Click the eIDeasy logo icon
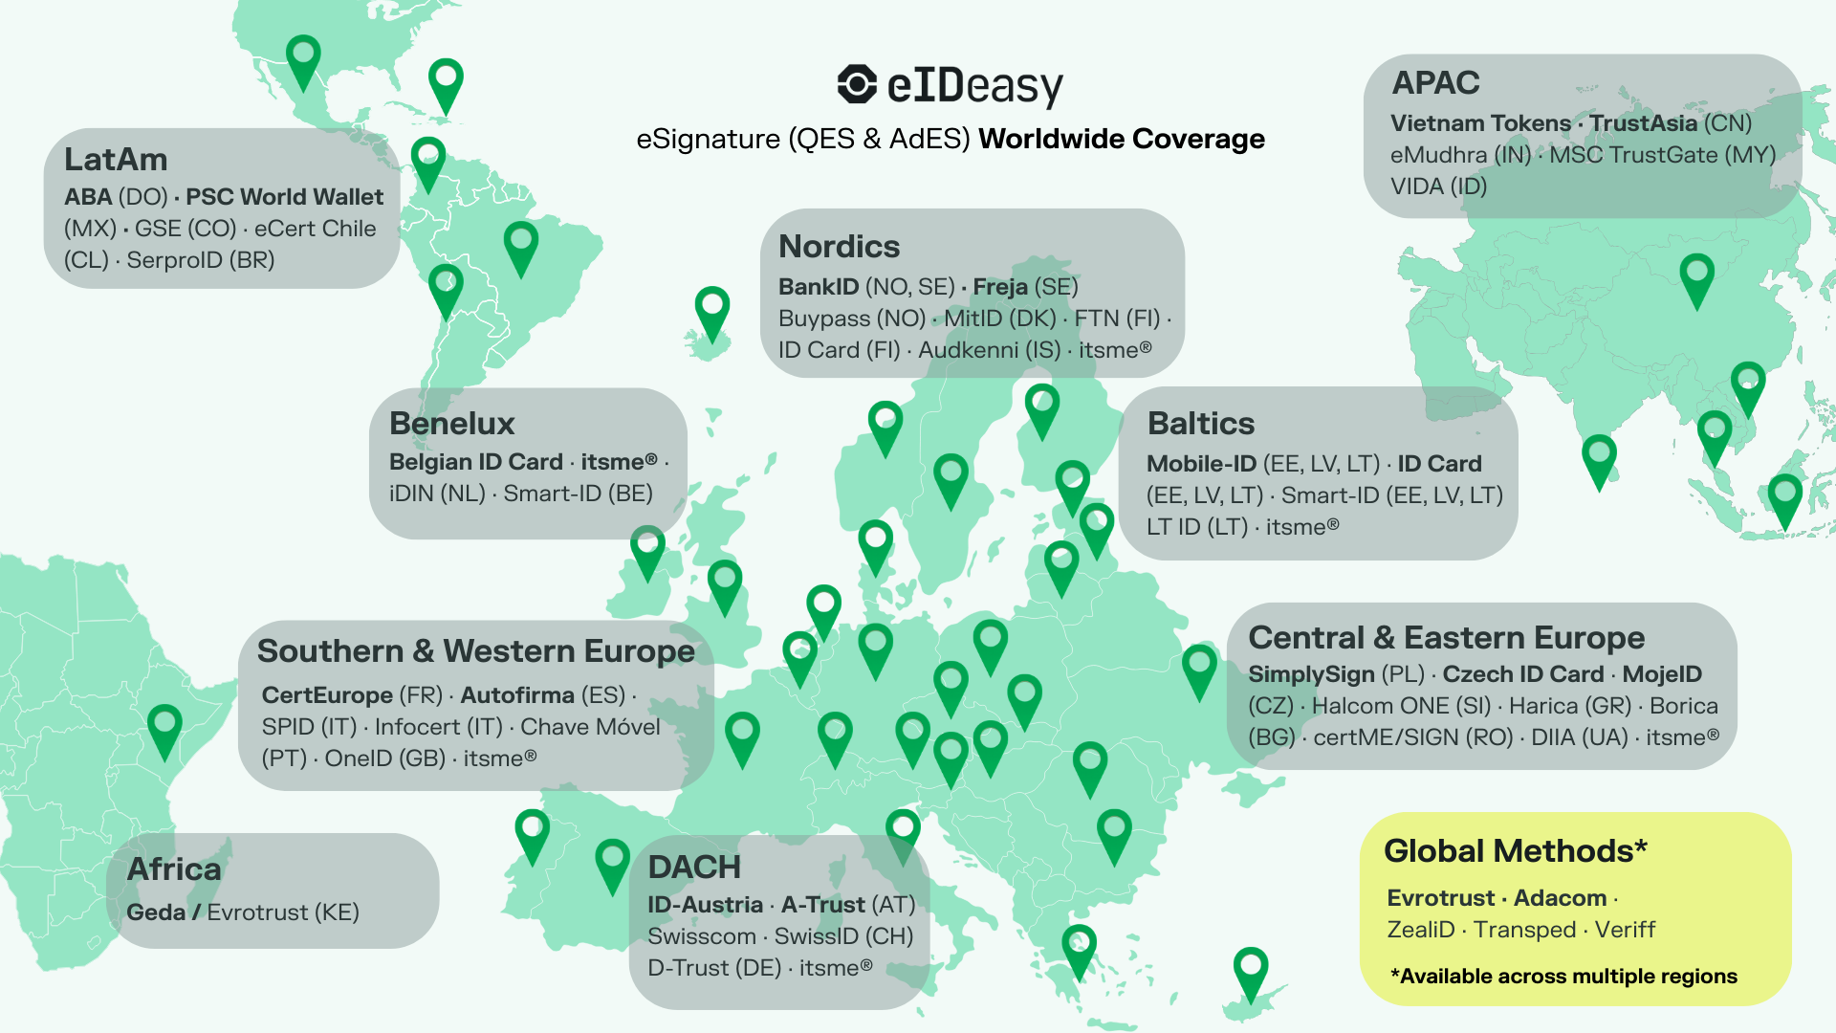[857, 84]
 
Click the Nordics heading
[839, 247]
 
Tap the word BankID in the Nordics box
[819, 287]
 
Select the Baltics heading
[1200, 424]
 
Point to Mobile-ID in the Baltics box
[1201, 464]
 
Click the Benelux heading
[451, 424]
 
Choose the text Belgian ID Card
[475, 462]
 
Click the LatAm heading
[116, 160]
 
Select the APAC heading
[1435, 83]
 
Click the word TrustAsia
[1643, 123]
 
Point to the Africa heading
[174, 869]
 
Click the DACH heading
[694, 868]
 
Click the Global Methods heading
[1515, 851]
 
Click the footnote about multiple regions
[1563, 977]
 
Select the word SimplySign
[1311, 674]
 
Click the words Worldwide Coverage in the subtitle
[1121, 140]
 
